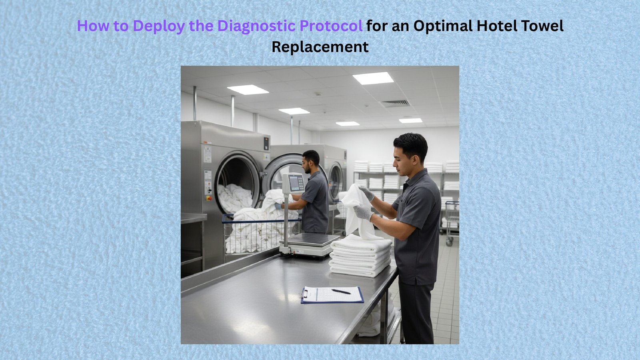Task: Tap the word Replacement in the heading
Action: [x=320, y=47]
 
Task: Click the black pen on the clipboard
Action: [x=341, y=292]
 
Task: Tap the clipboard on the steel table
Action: [x=332, y=295]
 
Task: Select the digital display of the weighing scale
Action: [x=294, y=183]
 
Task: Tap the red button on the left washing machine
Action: [x=209, y=198]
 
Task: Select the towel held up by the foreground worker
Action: [x=357, y=212]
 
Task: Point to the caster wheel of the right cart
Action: [x=450, y=243]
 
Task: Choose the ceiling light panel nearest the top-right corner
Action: [x=373, y=78]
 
